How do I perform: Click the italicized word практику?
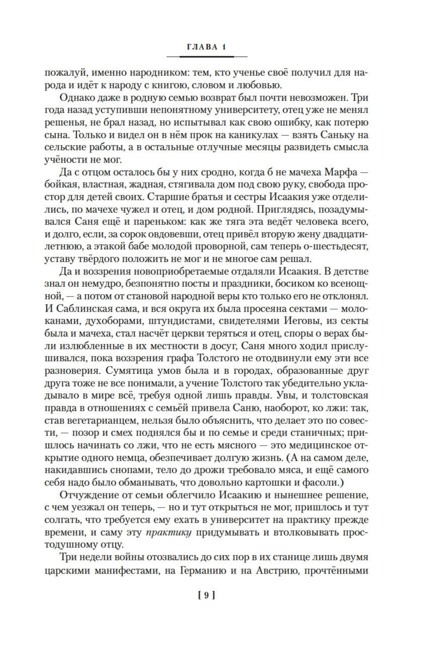pos(168,533)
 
